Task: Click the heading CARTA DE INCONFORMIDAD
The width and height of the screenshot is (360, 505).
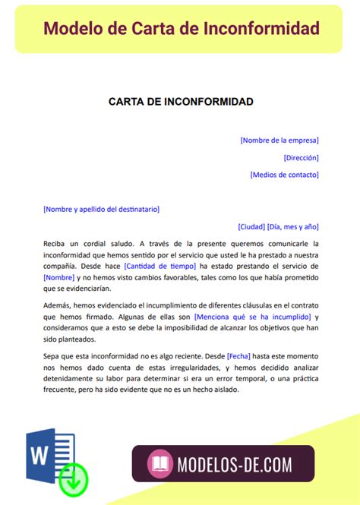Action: tap(181, 102)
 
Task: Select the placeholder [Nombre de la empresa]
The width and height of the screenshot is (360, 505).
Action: tap(279, 140)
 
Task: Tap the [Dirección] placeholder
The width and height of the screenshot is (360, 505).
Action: tap(301, 157)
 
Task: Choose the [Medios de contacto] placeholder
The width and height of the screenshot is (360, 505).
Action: tap(284, 175)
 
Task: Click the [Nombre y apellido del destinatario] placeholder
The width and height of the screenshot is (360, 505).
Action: tap(102, 209)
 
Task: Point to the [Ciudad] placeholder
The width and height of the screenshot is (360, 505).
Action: tap(251, 226)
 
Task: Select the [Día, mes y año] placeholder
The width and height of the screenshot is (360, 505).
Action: tap(293, 226)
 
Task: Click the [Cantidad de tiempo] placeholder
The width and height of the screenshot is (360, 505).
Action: tap(159, 266)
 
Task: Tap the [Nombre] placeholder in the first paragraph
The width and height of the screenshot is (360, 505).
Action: tap(64, 277)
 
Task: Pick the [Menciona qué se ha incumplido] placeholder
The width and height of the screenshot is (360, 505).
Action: tap(252, 316)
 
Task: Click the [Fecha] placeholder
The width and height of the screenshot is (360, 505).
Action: tap(238, 355)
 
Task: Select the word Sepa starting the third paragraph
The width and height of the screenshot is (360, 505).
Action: tap(52, 355)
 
